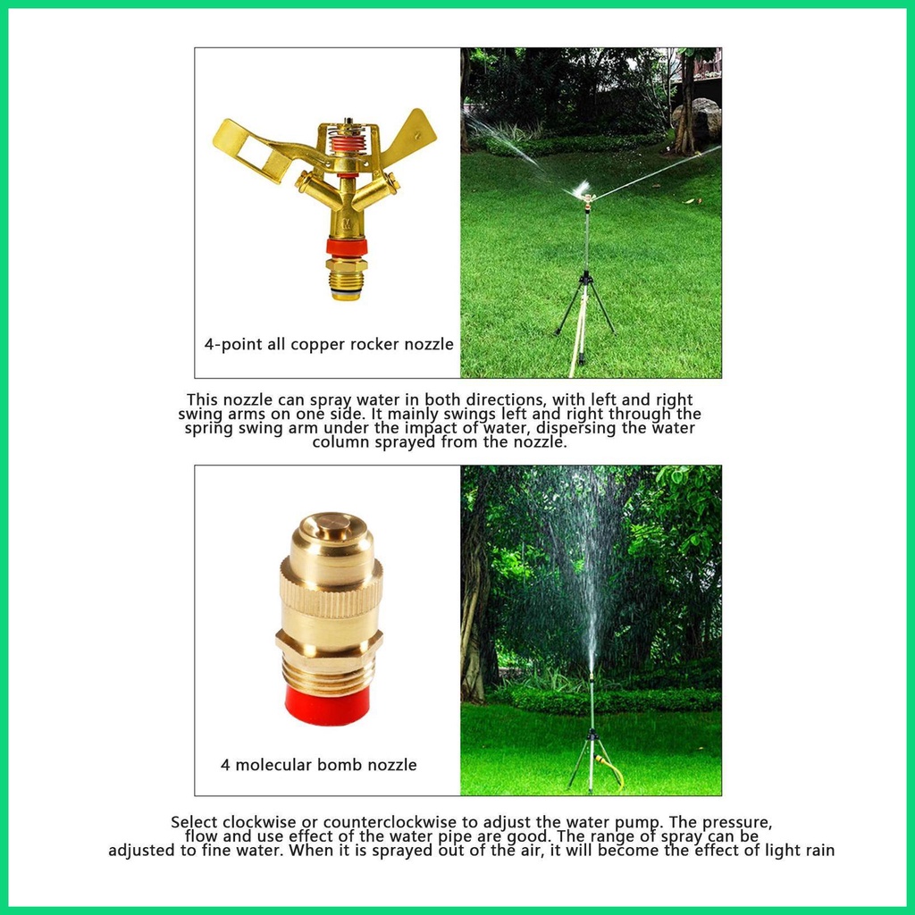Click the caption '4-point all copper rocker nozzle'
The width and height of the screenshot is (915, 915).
coord(328,344)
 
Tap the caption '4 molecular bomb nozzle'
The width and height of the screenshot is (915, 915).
coord(319,765)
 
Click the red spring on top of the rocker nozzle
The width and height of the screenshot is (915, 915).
coord(344,143)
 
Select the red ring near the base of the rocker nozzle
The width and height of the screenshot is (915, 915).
coord(344,248)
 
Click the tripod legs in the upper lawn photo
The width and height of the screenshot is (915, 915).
coord(584,308)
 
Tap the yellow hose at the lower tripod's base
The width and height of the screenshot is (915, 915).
coord(612,769)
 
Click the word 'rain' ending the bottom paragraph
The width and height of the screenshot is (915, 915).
coord(818,851)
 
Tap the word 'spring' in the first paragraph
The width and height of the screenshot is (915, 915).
coord(210,428)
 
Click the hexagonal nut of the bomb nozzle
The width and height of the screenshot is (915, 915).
coord(329,640)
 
